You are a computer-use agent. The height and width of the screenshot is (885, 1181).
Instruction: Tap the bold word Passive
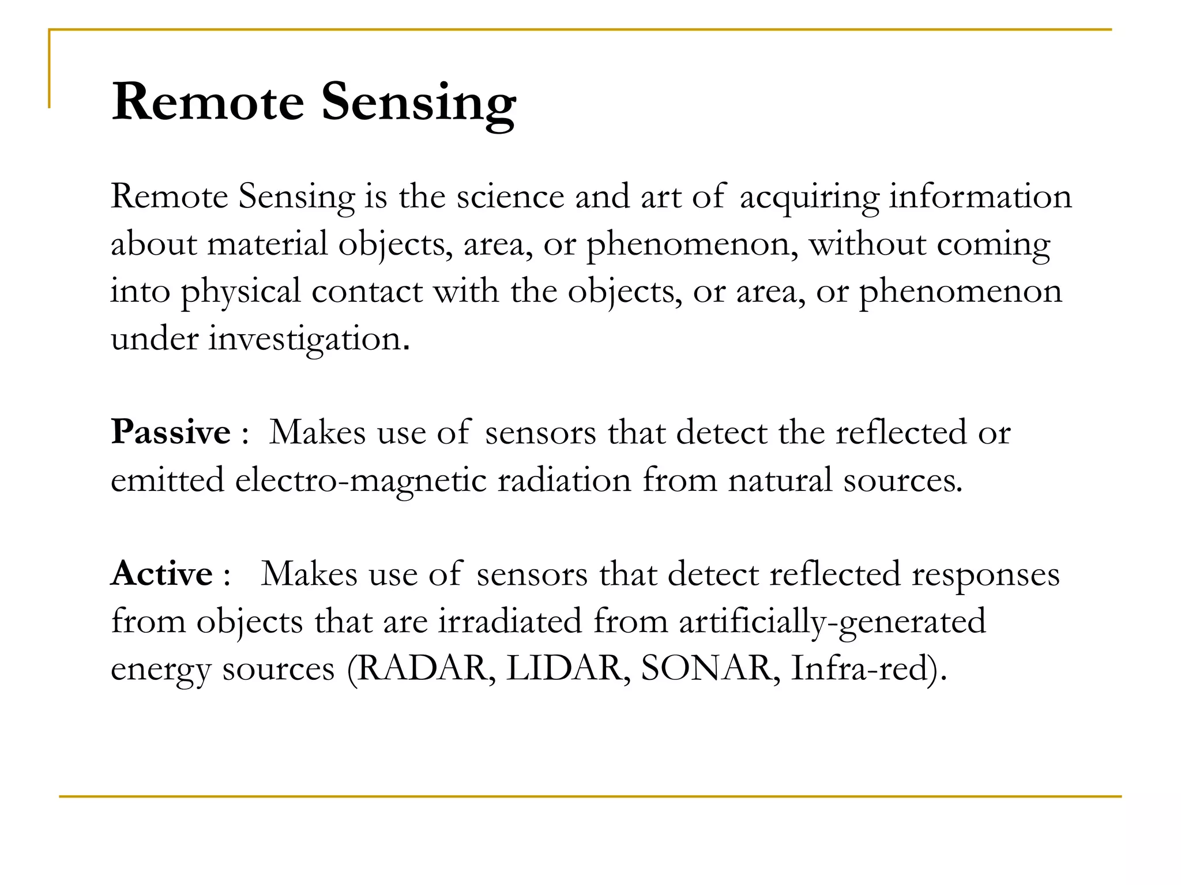tap(171, 432)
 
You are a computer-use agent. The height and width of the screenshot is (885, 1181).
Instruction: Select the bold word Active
tap(162, 574)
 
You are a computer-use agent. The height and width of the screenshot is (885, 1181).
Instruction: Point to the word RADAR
tap(423, 668)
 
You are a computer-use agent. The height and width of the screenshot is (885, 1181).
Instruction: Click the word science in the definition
tap(510, 197)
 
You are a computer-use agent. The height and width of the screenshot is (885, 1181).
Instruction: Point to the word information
tap(980, 197)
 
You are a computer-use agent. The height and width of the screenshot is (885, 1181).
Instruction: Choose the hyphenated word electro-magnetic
tap(361, 481)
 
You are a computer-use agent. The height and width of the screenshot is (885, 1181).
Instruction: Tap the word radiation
tap(565, 481)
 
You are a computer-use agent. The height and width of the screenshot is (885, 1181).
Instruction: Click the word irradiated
tap(510, 621)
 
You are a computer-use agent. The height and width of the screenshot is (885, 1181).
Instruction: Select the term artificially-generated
tap(832, 622)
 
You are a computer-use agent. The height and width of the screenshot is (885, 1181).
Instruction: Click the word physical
tap(240, 292)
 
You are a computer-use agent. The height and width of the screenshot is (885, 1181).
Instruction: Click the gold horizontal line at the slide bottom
tap(590, 797)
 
